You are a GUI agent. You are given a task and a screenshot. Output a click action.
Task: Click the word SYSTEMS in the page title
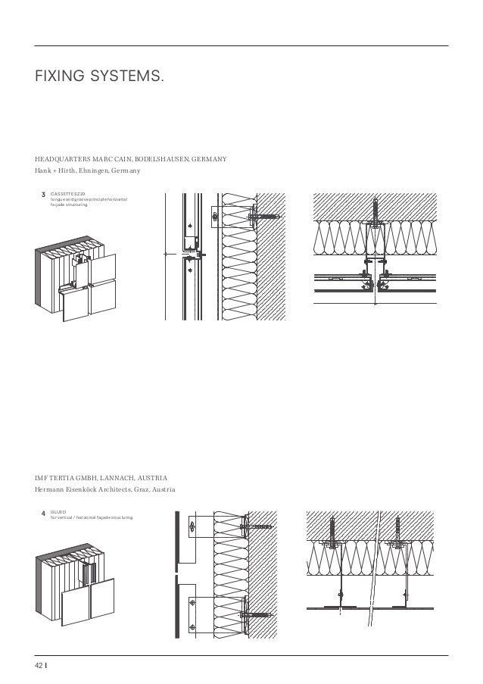124,77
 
